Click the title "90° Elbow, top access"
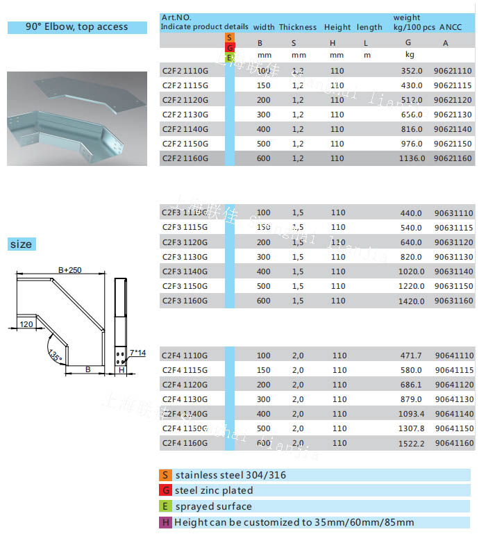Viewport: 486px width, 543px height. click(x=77, y=27)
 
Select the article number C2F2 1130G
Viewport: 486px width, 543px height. click(x=185, y=115)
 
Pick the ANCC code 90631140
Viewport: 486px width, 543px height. click(x=453, y=271)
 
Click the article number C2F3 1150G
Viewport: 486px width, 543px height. click(x=185, y=286)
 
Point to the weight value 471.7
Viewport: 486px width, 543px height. click(x=410, y=356)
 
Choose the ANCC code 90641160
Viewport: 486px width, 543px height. click(x=453, y=443)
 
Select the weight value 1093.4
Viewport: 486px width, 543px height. click(x=409, y=414)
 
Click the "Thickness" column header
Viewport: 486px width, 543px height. click(x=298, y=27)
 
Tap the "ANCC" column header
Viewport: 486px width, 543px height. click(x=453, y=27)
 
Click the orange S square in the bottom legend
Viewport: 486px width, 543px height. click(x=165, y=476)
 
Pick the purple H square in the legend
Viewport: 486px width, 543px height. click(x=165, y=522)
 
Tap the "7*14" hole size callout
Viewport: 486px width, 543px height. click(x=138, y=353)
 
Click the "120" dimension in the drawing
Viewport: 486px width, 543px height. click(x=26, y=324)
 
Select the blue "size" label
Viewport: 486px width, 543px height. click(x=21, y=244)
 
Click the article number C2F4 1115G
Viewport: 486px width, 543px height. click(x=185, y=370)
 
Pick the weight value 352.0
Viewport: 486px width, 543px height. click(x=412, y=71)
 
